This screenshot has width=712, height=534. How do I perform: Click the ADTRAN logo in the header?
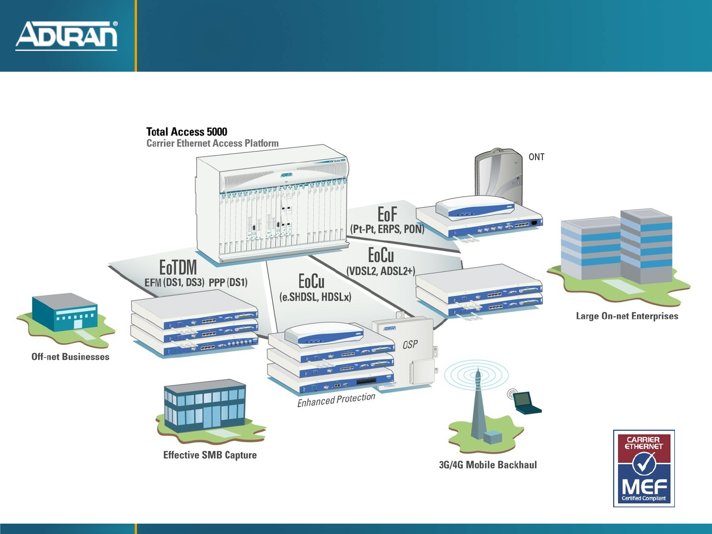[x=67, y=36]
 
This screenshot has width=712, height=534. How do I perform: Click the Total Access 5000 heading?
[x=186, y=132]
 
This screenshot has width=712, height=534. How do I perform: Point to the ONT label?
[x=536, y=157]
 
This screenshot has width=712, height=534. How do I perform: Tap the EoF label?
[x=387, y=214]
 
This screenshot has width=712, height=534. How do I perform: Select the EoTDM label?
[x=178, y=267]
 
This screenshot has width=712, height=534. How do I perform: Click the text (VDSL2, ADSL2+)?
[x=381, y=271]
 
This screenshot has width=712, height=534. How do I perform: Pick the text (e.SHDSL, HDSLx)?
[x=315, y=297]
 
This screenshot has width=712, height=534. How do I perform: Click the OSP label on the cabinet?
[x=410, y=344]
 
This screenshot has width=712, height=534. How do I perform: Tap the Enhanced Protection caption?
[x=336, y=400]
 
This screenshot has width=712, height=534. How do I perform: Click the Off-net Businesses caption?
[x=70, y=356]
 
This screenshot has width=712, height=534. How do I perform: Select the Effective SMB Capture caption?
[x=210, y=455]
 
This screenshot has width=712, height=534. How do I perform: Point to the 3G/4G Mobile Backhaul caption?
[x=488, y=465]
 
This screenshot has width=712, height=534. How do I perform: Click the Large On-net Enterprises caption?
[x=627, y=316]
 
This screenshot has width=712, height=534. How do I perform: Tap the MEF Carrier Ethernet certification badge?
[x=644, y=468]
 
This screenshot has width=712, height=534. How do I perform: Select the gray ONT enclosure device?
[x=498, y=176]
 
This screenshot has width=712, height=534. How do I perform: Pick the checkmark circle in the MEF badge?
[x=644, y=464]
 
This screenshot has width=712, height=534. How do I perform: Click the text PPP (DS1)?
[x=228, y=282]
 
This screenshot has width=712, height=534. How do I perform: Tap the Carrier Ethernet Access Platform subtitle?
[x=212, y=143]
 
